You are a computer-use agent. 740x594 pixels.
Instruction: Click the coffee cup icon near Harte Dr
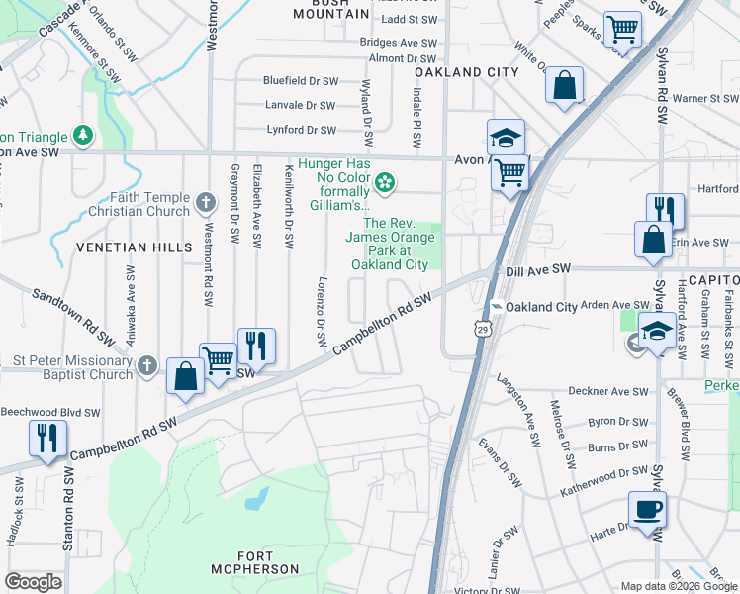click(x=647, y=511)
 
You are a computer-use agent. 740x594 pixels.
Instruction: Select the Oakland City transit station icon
click(x=497, y=307)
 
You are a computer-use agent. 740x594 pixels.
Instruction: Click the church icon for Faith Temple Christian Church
click(x=206, y=203)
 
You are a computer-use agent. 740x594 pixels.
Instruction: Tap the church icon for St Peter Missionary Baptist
click(x=147, y=366)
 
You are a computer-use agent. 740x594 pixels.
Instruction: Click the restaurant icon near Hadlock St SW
click(x=47, y=439)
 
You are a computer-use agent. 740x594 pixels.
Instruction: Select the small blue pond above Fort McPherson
click(x=256, y=497)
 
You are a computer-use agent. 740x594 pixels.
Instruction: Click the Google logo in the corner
click(x=33, y=582)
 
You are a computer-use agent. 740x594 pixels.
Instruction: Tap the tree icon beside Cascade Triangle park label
click(x=84, y=135)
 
